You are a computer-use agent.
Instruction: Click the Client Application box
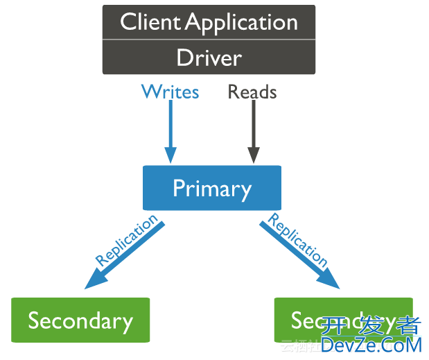(x=209, y=22)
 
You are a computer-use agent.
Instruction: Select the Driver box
(x=209, y=57)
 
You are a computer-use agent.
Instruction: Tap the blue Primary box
(x=212, y=188)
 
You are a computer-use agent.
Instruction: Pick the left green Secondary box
(x=80, y=320)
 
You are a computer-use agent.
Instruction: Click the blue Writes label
(x=170, y=92)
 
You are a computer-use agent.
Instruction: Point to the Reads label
(x=252, y=92)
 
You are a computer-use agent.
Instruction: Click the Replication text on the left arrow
(x=126, y=240)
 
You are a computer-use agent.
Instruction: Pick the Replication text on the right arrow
(x=298, y=239)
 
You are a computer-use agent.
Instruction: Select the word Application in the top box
(x=242, y=22)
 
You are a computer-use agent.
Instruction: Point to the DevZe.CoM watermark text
(x=371, y=344)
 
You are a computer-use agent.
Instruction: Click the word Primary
(x=212, y=189)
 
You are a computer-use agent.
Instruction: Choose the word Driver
(x=209, y=57)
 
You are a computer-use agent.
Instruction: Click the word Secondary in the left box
(x=80, y=321)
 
